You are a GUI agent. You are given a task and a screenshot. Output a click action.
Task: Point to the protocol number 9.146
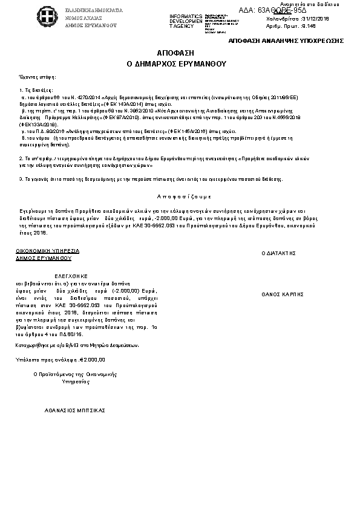tap(308, 27)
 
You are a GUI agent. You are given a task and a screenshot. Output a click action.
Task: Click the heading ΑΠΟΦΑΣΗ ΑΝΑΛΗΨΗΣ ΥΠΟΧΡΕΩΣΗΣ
tap(286, 40)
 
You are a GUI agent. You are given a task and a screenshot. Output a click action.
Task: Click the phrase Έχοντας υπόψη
tap(38, 77)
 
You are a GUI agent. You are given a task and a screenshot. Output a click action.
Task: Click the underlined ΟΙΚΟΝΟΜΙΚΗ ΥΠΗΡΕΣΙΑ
tap(47, 250)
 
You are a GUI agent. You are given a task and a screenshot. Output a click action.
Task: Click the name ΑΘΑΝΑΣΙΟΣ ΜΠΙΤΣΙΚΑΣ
tap(74, 410)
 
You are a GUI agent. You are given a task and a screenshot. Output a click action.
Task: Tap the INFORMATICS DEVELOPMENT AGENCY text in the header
tap(186, 21)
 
